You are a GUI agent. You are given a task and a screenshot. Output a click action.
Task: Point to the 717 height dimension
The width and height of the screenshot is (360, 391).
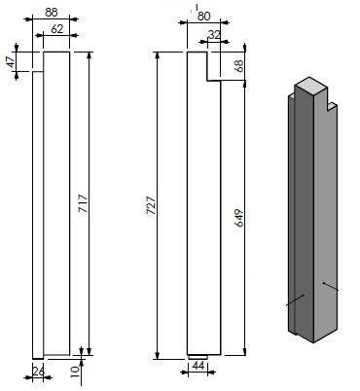coord(82,203)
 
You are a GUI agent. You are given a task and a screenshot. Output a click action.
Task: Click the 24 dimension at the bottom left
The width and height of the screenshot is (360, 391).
coord(38,371)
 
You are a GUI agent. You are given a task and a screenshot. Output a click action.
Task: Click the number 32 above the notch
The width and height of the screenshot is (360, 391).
coord(213,34)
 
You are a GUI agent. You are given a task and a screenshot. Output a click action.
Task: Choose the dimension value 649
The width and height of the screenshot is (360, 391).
coord(238,216)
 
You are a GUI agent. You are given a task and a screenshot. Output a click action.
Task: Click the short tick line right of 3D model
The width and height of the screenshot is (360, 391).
coord(332,287)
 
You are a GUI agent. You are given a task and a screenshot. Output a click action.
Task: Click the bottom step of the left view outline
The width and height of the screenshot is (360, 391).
coord(39,354)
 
